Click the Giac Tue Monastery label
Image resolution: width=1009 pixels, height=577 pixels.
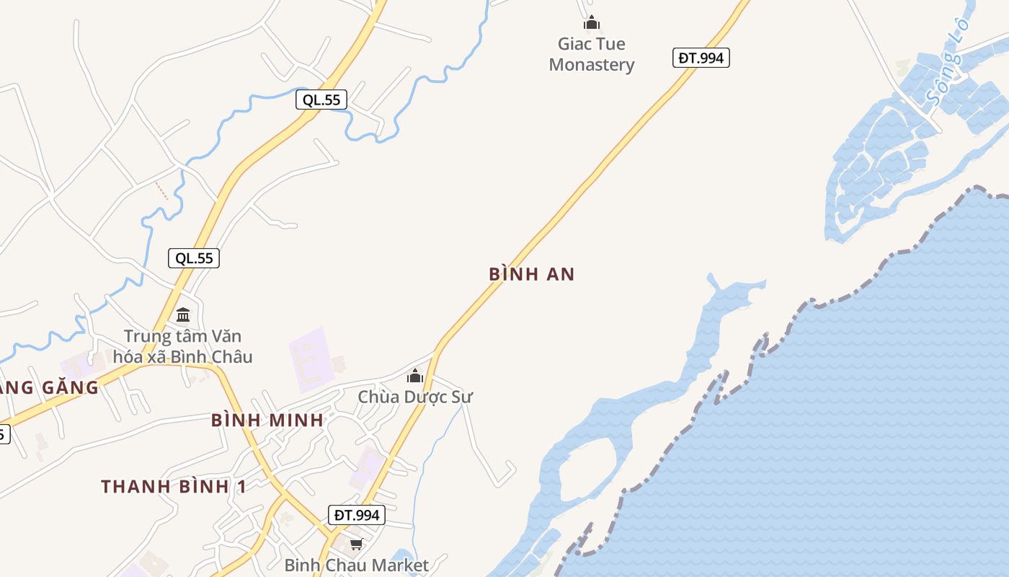(592, 54)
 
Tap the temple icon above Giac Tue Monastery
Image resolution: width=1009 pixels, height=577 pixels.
(592, 23)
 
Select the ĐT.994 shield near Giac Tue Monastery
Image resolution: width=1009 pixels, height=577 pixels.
(701, 58)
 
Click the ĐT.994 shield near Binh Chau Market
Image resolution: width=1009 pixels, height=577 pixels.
(357, 515)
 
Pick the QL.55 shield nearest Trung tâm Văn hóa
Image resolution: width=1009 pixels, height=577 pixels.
(194, 258)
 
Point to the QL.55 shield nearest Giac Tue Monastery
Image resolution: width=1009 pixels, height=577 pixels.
(321, 100)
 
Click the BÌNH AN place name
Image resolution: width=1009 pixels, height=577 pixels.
(532, 274)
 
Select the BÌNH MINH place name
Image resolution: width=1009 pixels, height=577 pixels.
(267, 420)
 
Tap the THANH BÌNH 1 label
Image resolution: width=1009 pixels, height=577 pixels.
(174, 487)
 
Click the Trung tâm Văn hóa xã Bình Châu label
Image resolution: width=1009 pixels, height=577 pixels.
(182, 346)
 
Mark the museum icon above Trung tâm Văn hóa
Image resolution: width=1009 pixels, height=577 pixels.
(183, 315)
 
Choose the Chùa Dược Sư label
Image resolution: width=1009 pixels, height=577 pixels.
(415, 397)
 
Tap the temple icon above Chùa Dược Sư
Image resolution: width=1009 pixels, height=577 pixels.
(414, 376)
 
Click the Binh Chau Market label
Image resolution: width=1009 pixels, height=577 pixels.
(356, 565)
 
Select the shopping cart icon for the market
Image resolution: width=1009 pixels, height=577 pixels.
(356, 544)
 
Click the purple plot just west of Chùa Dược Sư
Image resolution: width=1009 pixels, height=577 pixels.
(312, 359)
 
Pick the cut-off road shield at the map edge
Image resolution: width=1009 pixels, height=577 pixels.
(4, 434)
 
